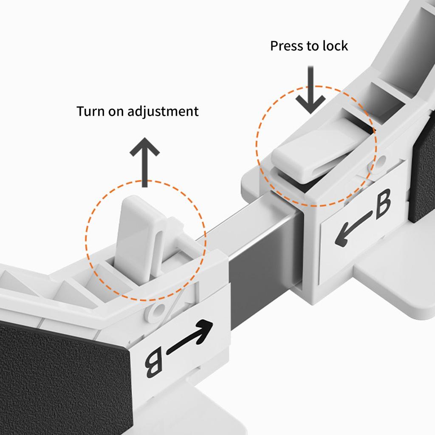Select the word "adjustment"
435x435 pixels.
[163, 112]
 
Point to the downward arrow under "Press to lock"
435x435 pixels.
[311, 90]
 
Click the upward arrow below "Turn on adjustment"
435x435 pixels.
[144, 162]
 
